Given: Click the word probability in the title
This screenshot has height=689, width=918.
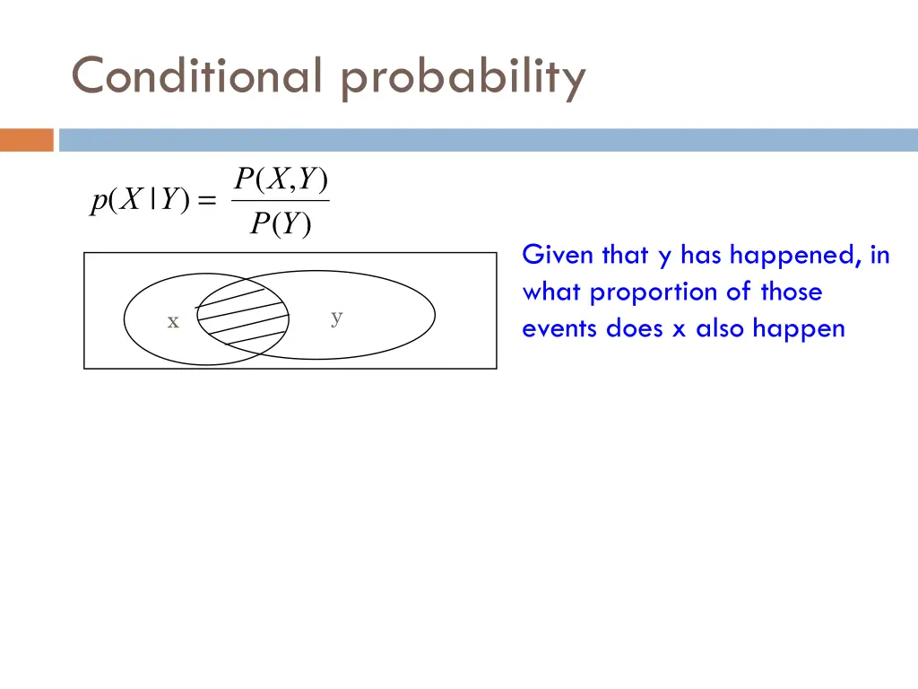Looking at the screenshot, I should pyautogui.click(x=463, y=78).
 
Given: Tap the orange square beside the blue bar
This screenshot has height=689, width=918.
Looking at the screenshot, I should pyautogui.click(x=27, y=140).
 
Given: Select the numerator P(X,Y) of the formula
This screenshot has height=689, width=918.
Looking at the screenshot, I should pyautogui.click(x=281, y=180).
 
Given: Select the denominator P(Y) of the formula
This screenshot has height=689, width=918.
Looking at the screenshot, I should pyautogui.click(x=281, y=224).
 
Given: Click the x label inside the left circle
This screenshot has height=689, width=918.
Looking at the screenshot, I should pyautogui.click(x=173, y=321).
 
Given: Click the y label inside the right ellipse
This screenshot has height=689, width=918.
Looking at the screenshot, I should pyautogui.click(x=336, y=316).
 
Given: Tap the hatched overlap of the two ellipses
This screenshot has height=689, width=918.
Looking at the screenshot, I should pyautogui.click(x=243, y=314).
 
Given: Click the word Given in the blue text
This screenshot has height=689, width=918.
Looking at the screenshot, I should pyautogui.click(x=558, y=256).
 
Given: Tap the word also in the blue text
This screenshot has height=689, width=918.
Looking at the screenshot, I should pyautogui.click(x=721, y=328).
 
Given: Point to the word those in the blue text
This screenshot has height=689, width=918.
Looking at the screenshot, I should pyautogui.click(x=791, y=292).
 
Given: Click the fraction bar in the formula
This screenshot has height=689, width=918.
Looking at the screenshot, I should pyautogui.click(x=281, y=201).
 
